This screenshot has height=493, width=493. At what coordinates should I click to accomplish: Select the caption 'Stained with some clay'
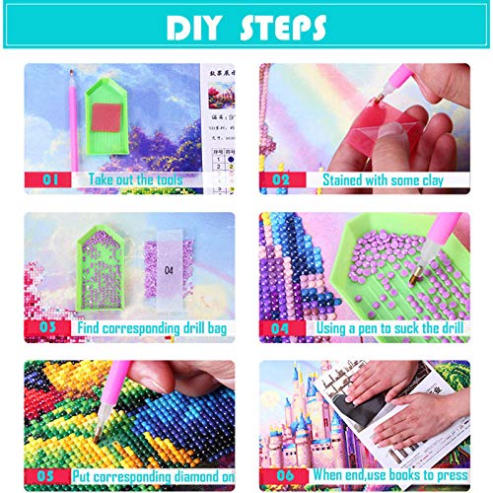click(x=383, y=180)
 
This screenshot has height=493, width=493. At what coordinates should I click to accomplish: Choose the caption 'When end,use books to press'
click(x=385, y=476)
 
